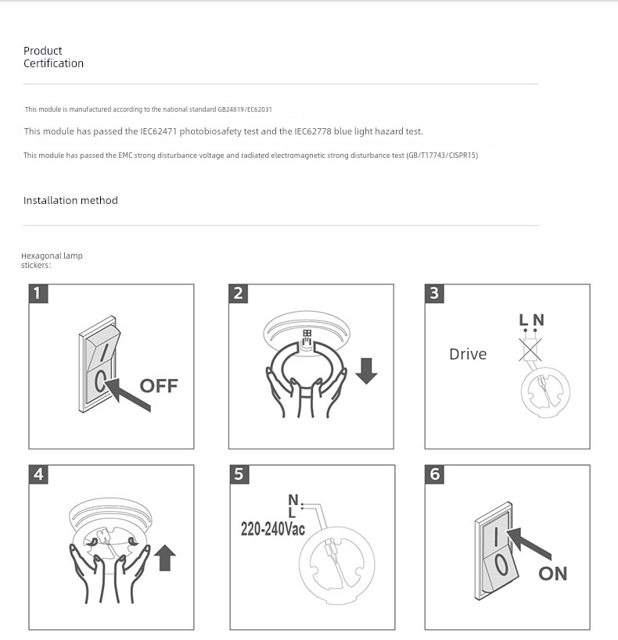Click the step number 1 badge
coord(38,294)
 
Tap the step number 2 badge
coord(239,294)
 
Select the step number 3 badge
coord(434,294)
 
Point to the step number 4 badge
coord(38,474)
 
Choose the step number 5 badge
coord(239,474)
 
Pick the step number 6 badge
coord(434,474)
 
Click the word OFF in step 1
coord(159,386)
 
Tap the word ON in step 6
coord(553,574)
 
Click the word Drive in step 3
coord(468,354)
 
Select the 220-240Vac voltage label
coord(273,529)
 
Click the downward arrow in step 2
coord(366,370)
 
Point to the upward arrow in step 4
coord(165,557)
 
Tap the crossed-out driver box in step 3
coord(530,349)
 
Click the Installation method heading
coord(70,200)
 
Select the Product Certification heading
coord(53,57)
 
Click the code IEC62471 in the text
coord(158,131)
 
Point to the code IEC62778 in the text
coord(313,131)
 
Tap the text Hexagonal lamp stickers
coord(52,260)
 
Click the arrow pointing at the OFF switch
coord(128,395)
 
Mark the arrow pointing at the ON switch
coord(529,543)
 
